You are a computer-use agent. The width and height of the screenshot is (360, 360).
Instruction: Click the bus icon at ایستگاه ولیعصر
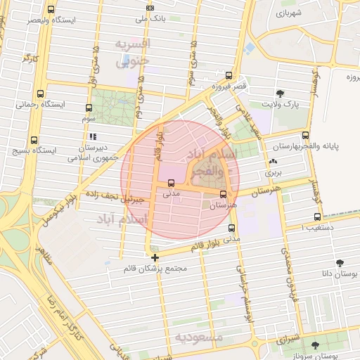pyautogui.click(x=51, y=10)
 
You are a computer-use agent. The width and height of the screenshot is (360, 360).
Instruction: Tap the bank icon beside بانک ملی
pyautogui.click(x=149, y=8)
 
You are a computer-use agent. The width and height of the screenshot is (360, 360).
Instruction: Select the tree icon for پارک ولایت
pyautogui.click(x=281, y=93)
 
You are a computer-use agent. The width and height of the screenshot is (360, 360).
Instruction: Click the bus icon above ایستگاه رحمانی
pyautogui.click(x=40, y=93)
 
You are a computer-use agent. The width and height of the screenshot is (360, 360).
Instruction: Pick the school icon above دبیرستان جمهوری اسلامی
pyautogui.click(x=93, y=137)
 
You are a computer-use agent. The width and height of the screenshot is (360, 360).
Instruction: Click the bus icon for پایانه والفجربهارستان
pyautogui.click(x=304, y=136)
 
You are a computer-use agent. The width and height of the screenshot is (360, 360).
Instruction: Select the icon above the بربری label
pyautogui.click(x=273, y=162)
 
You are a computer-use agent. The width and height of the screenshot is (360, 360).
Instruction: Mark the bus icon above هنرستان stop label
pyautogui.click(x=224, y=194)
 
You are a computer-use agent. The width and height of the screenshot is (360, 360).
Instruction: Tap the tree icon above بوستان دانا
pyautogui.click(x=340, y=262)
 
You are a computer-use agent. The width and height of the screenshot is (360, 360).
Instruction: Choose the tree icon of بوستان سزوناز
pyautogui.click(x=314, y=345)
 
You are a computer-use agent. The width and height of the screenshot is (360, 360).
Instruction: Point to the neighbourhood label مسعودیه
pyautogui.click(x=200, y=337)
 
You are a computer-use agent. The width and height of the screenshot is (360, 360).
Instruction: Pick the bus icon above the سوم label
pyautogui.click(x=89, y=108)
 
